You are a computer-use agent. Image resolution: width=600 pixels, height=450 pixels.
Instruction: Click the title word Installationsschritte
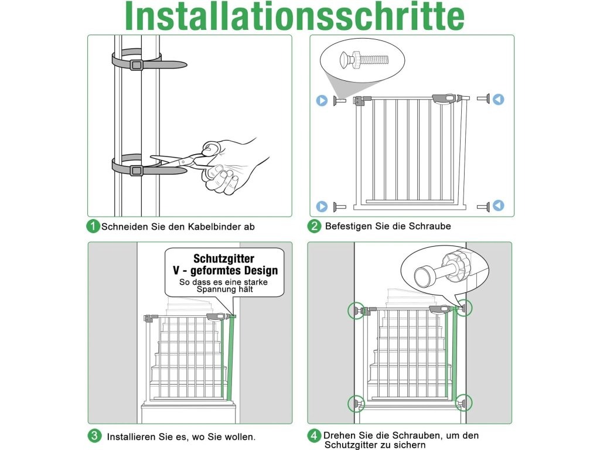pyautogui.click(x=295, y=16)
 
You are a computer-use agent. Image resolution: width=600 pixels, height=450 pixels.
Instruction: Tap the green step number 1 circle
pyautogui.click(x=93, y=226)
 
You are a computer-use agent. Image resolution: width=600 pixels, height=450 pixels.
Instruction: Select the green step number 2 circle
pyautogui.click(x=314, y=226)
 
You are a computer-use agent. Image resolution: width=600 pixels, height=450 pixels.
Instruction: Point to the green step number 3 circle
pyautogui.click(x=94, y=436)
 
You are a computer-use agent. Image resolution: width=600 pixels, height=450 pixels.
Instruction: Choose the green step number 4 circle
pyautogui.click(x=314, y=436)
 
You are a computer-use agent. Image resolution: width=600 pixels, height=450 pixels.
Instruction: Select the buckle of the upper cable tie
pyautogui.click(x=136, y=64)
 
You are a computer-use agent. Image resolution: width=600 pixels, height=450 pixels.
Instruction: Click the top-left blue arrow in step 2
pyautogui.click(x=322, y=100)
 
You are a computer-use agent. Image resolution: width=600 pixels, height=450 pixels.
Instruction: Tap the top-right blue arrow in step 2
pyautogui.click(x=498, y=100)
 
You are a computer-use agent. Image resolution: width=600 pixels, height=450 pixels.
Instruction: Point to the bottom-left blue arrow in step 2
pyautogui.click(x=322, y=206)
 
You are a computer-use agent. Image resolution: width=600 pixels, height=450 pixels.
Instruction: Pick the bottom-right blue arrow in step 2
pyautogui.click(x=498, y=206)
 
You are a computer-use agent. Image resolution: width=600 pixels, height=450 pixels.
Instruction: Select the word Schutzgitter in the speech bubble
pyautogui.click(x=224, y=258)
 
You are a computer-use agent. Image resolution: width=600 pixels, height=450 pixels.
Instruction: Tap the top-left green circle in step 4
pyautogui.click(x=356, y=311)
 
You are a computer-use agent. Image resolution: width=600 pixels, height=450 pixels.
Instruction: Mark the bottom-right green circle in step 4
pyautogui.click(x=463, y=403)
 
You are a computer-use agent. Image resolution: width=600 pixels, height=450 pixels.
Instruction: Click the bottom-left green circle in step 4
pyautogui.click(x=356, y=404)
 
